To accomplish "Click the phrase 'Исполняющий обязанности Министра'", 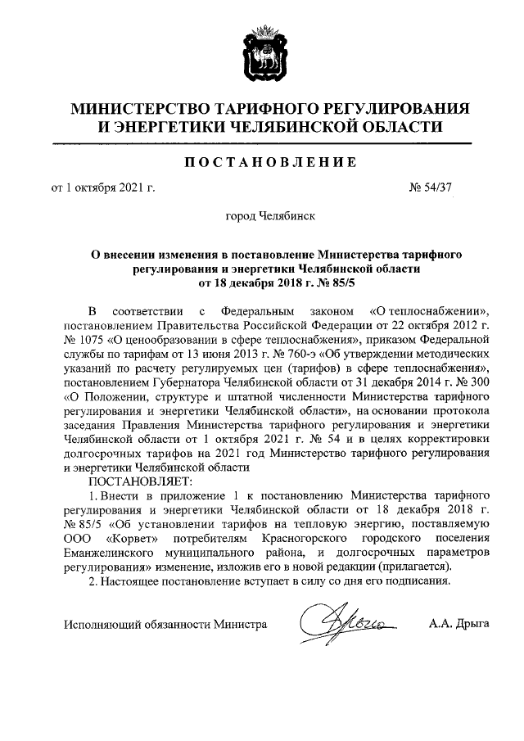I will tap(166, 624).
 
